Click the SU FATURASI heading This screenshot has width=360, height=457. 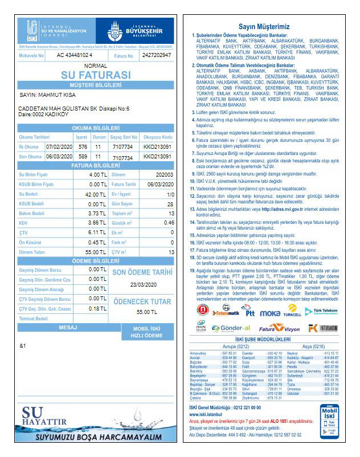click(x=96, y=75)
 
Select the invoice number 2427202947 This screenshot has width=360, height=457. click(x=157, y=55)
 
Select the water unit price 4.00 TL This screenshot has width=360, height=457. click(x=98, y=174)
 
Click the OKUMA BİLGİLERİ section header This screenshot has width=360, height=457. click(x=96, y=128)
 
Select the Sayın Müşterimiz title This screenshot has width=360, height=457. click(x=264, y=26)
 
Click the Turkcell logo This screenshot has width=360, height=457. click(x=292, y=311)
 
